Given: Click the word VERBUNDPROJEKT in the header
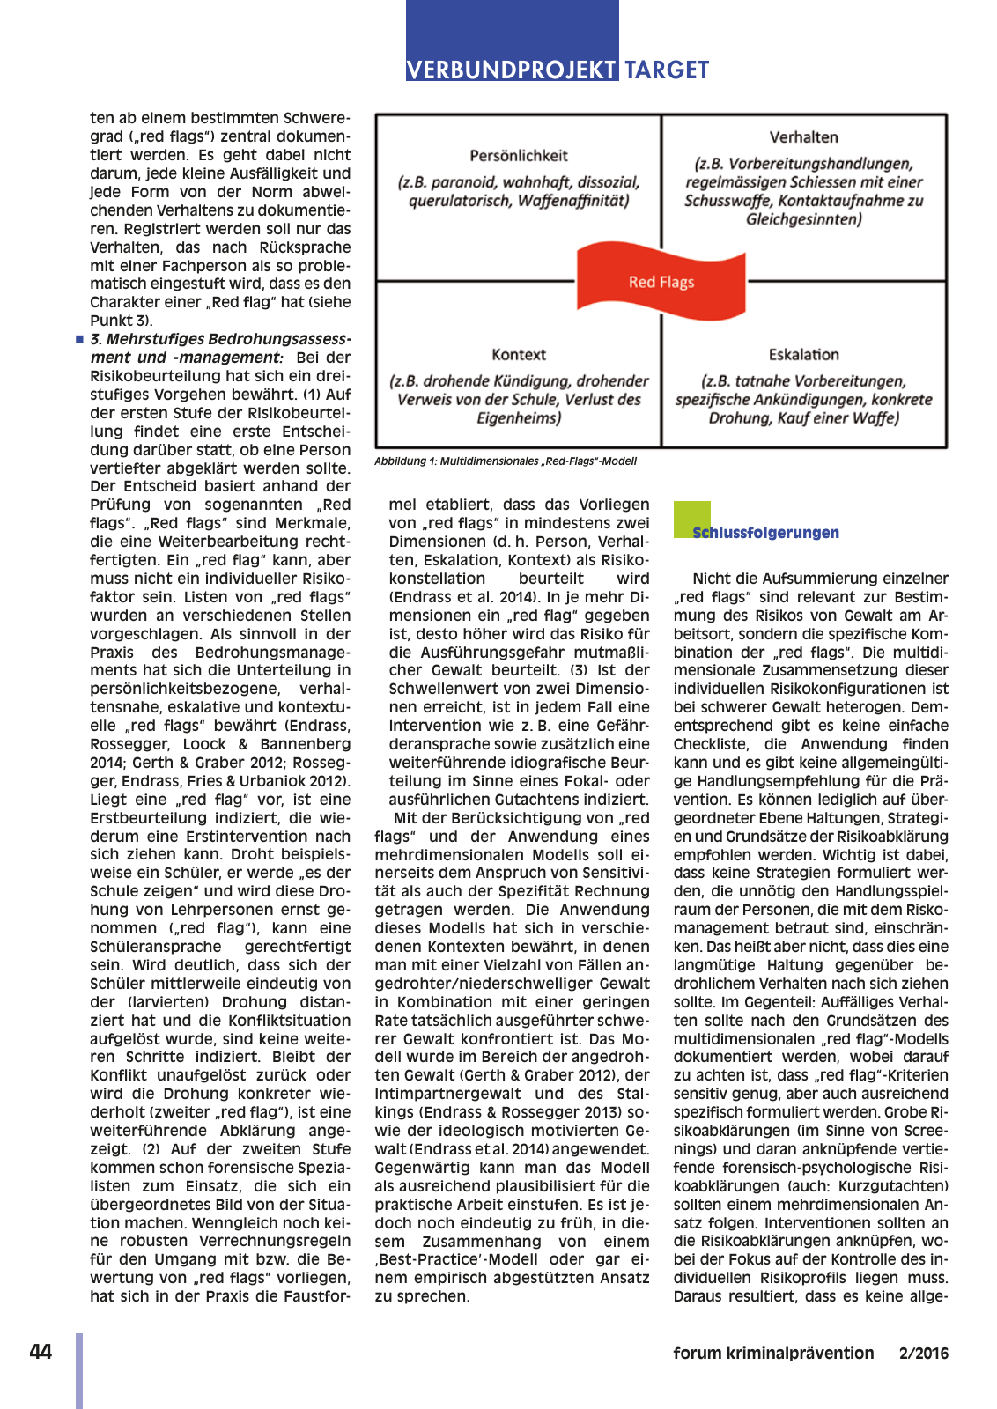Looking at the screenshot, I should pyautogui.click(x=511, y=70).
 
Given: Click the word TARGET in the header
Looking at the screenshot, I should pyautogui.click(x=667, y=70).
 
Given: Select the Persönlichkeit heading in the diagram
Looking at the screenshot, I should pyautogui.click(x=519, y=156).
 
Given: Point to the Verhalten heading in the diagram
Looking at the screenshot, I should pyautogui.click(x=803, y=137).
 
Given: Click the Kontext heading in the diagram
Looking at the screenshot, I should pyautogui.click(x=519, y=355).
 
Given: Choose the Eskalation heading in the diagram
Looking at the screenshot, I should pyautogui.click(x=803, y=355).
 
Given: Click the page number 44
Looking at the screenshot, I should pyautogui.click(x=41, y=1353).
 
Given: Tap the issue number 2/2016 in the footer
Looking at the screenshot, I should pyautogui.click(x=923, y=1354).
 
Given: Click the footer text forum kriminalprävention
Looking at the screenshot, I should pyautogui.click(x=773, y=1354).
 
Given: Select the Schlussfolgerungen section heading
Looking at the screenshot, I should pyautogui.click(x=765, y=533).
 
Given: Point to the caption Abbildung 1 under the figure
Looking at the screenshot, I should pyautogui.click(x=505, y=461).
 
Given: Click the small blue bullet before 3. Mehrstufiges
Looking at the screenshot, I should pyautogui.click(x=79, y=339).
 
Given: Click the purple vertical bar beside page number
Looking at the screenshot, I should pyautogui.click(x=79, y=1369).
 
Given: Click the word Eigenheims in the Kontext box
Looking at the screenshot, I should pyautogui.click(x=518, y=418).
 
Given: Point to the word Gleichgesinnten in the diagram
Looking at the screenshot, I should pyautogui.click(x=803, y=219).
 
